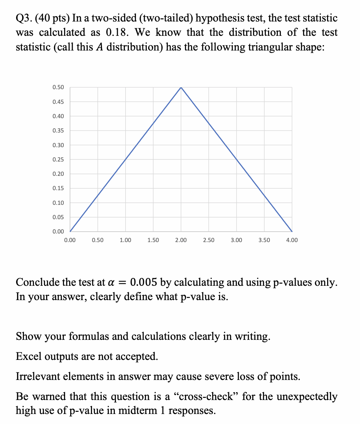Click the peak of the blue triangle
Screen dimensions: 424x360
pyautogui.click(x=181, y=87)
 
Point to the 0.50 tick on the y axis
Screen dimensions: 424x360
pyautogui.click(x=58, y=87)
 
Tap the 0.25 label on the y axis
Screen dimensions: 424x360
pyautogui.click(x=58, y=159)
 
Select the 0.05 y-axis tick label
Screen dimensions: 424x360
pyautogui.click(x=58, y=217)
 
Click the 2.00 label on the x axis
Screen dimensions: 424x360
pyautogui.click(x=181, y=240)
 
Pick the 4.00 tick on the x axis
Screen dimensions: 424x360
pyautogui.click(x=292, y=240)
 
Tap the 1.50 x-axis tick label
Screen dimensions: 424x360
pyautogui.click(x=153, y=240)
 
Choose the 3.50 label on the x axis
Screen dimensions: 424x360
pyautogui.click(x=264, y=240)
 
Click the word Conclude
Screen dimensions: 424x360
pyautogui.click(x=38, y=282)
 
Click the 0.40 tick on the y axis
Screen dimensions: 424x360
pyautogui.click(x=58, y=116)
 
